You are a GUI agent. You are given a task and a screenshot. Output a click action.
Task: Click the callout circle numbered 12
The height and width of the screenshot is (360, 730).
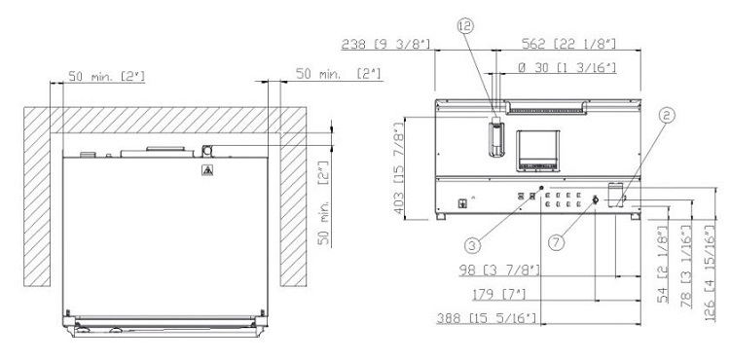pos(464,26)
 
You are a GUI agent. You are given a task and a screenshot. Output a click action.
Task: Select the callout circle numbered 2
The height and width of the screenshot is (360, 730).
pos(666,116)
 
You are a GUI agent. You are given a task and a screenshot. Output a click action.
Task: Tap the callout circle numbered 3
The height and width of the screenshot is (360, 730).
pos(472,244)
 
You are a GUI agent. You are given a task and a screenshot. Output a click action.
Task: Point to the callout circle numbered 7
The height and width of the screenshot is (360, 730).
pos(556,242)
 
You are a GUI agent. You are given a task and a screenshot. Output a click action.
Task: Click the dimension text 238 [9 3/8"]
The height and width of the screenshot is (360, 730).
pos(386,44)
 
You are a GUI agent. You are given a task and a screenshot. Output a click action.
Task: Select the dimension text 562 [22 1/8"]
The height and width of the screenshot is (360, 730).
pos(569,44)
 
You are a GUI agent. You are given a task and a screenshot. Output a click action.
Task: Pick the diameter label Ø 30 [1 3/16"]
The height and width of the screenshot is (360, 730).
pos(567,68)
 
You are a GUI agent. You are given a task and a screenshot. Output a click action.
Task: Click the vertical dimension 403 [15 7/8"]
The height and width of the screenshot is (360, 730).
pos(399,168)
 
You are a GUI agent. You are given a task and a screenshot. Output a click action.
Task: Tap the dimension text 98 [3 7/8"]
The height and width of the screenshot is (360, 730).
pos(499,270)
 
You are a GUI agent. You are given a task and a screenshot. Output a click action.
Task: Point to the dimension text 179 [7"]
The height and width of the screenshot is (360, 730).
pos(499,294)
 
